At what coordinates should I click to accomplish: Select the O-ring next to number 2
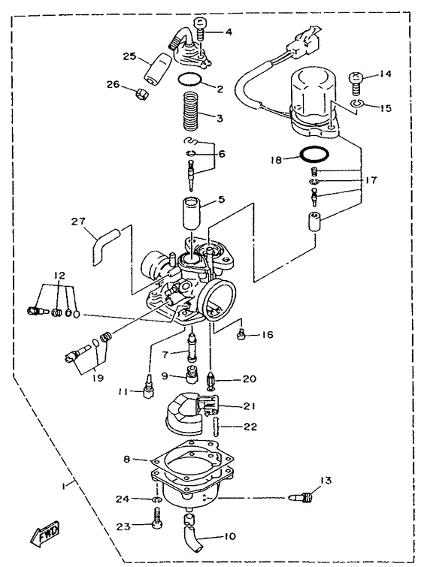[x=190, y=82]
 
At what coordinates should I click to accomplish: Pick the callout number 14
[x=386, y=74]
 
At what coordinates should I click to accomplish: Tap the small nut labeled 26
[x=140, y=93]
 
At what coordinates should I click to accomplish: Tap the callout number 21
[x=250, y=406]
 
